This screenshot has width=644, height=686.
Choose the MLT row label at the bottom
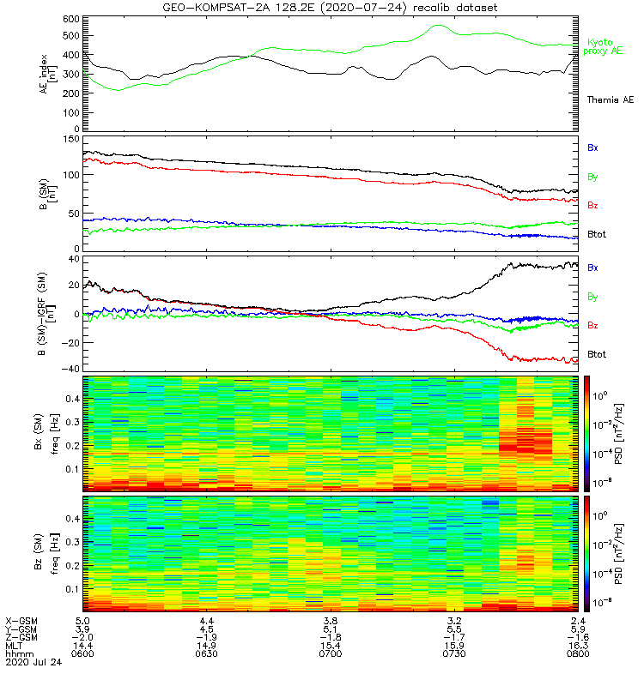[x=15, y=645]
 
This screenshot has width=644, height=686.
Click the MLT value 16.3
[x=577, y=645]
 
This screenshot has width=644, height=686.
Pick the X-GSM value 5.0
[x=83, y=620]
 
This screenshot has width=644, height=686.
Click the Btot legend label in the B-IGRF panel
[x=597, y=354]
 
